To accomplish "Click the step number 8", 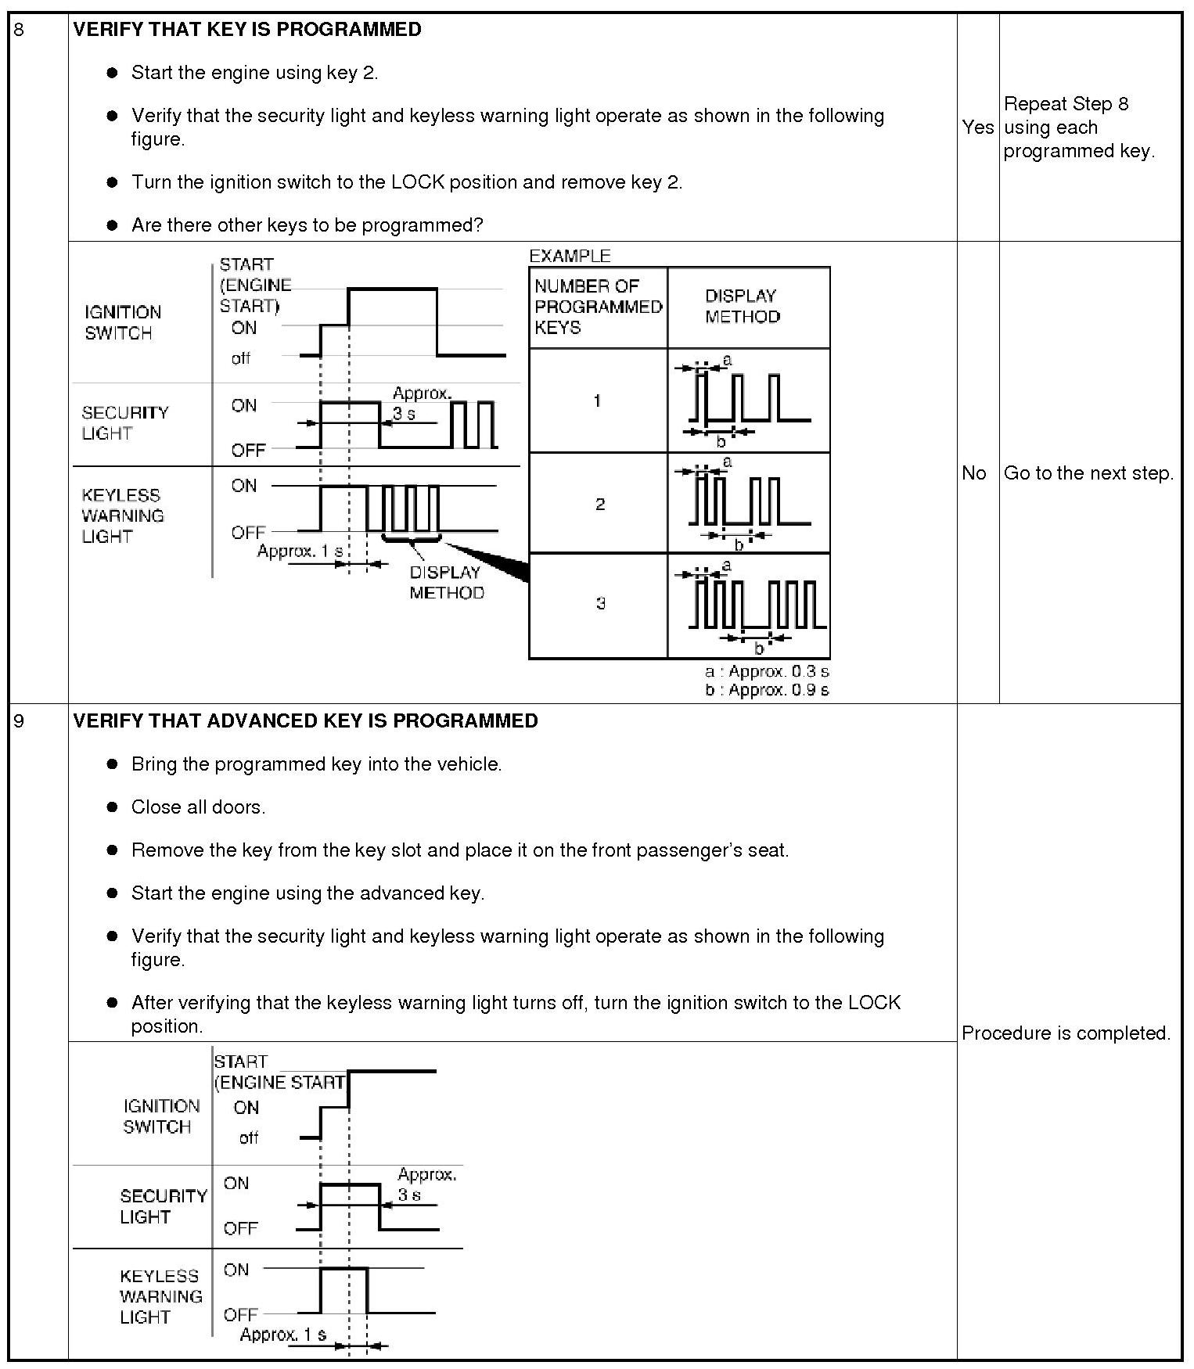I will pyautogui.click(x=20, y=30).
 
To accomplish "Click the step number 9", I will pyautogui.click(x=20, y=720).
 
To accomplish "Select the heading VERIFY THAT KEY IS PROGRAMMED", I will pyautogui.click(x=247, y=30).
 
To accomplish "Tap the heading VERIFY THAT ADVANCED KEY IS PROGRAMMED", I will pyautogui.click(x=305, y=720).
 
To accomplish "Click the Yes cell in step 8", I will pyautogui.click(x=977, y=127).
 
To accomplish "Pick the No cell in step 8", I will pyautogui.click(x=974, y=473).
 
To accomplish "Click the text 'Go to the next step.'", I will pyautogui.click(x=1088, y=473).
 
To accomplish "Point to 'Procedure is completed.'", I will pyautogui.click(x=1066, y=1033).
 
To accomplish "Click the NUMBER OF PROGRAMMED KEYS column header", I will pyautogui.click(x=598, y=307).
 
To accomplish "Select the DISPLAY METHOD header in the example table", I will pyautogui.click(x=742, y=306).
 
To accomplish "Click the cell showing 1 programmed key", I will pyautogui.click(x=598, y=401).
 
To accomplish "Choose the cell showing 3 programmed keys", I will pyautogui.click(x=600, y=603).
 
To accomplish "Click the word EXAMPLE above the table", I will pyautogui.click(x=570, y=256).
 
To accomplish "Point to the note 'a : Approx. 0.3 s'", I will pyautogui.click(x=766, y=671).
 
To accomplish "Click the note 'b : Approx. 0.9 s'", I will pyautogui.click(x=766, y=689).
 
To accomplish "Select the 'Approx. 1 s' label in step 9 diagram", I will pyautogui.click(x=282, y=1334).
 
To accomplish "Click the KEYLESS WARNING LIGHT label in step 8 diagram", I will pyautogui.click(x=122, y=516).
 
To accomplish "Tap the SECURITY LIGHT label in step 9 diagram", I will pyautogui.click(x=163, y=1206).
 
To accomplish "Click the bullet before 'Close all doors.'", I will pyautogui.click(x=113, y=807).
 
